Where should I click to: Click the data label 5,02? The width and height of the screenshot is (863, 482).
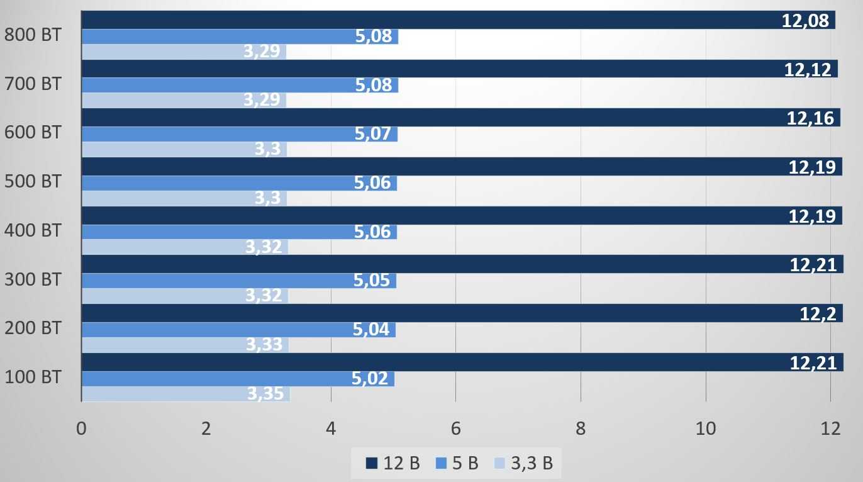tap(370, 379)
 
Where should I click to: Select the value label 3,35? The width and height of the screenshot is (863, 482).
tap(267, 394)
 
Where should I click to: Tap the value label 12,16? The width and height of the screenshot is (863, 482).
tap(810, 118)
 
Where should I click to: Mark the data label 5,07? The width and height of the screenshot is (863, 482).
tap(373, 133)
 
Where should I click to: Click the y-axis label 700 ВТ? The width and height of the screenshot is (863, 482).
tap(33, 84)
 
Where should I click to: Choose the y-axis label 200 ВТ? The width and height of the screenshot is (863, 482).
tap(33, 328)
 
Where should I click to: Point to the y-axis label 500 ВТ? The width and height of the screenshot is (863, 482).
tap(33, 181)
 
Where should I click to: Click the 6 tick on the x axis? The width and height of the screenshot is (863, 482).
tap(455, 429)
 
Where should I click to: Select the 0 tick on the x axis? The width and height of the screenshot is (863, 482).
tap(81, 429)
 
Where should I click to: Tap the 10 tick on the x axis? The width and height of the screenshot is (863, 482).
tap(705, 429)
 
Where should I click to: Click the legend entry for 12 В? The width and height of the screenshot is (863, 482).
tap(393, 464)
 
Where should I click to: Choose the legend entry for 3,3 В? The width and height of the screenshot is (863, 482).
tap(523, 464)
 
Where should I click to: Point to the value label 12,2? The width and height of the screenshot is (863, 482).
tap(818, 313)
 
